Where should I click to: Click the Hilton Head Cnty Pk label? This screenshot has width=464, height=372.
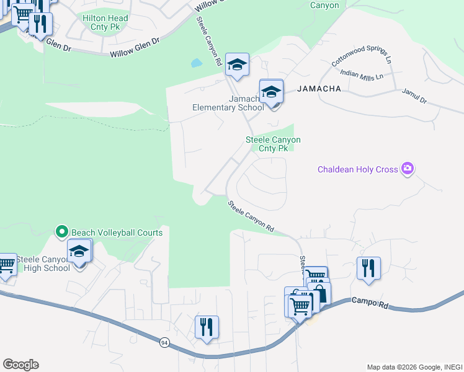click(105, 23)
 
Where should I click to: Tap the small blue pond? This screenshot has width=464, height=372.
click(197, 63)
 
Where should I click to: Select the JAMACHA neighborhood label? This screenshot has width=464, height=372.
click(319, 89)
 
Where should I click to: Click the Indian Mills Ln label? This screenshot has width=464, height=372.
click(362, 75)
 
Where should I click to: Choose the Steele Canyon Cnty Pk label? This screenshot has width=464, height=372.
click(273, 144)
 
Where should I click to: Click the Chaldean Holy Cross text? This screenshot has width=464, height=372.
click(357, 169)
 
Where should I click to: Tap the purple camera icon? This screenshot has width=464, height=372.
click(407, 168)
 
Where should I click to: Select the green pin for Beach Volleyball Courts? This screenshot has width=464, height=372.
click(61, 232)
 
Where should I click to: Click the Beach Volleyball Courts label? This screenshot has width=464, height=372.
click(117, 232)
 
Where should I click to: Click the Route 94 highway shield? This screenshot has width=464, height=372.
click(164, 342)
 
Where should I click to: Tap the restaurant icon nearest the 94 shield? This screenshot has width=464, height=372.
click(207, 327)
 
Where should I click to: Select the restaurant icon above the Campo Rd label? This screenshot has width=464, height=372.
click(368, 268)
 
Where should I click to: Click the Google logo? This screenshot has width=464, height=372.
click(20, 365)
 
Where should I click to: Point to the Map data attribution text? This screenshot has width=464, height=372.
click(414, 367)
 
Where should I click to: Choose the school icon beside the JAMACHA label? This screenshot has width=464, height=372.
click(271, 93)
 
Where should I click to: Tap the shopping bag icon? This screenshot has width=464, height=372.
click(319, 293)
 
